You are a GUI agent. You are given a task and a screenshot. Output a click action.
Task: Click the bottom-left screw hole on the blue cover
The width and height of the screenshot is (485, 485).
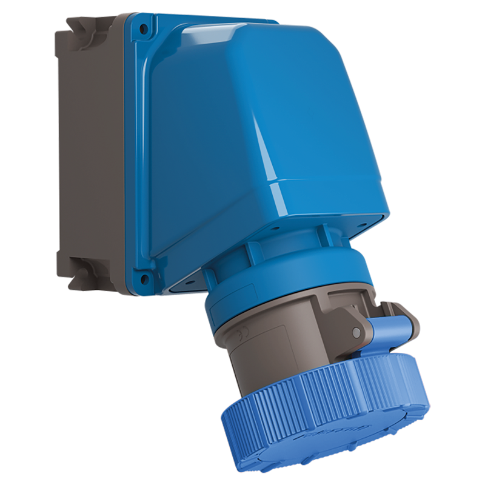point(144,279)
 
